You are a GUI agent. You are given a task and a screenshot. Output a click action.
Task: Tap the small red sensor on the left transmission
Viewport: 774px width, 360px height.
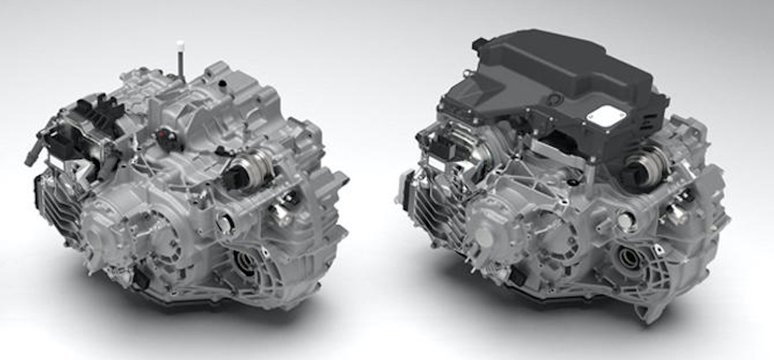[164, 137]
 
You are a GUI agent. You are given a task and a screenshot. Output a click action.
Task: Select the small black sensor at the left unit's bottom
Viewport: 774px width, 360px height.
[141, 280]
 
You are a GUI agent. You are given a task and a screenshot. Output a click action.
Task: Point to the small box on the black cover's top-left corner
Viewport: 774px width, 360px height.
[480, 44]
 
